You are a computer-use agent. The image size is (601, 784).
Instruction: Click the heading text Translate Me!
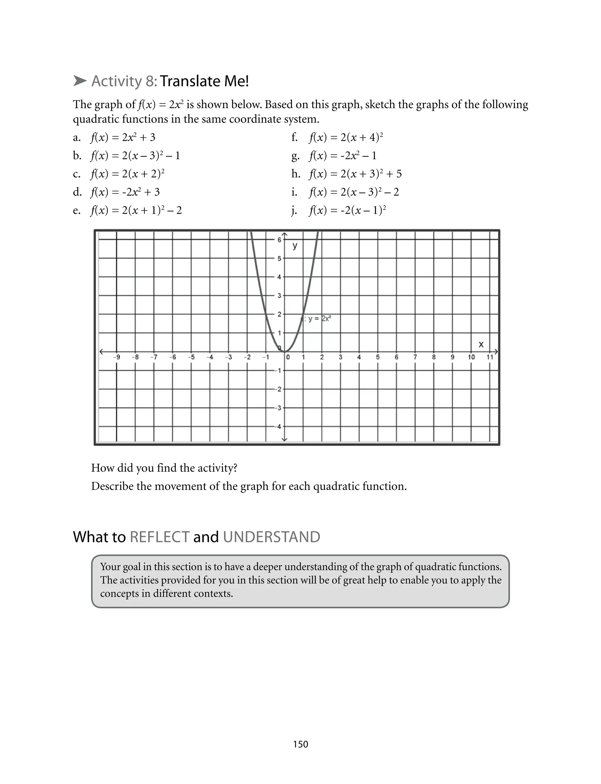click(204, 81)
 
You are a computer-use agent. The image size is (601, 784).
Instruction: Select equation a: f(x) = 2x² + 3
click(123, 137)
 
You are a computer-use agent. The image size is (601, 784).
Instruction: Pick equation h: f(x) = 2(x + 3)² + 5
click(355, 174)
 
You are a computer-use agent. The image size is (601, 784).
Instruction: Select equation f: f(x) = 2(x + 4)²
click(346, 137)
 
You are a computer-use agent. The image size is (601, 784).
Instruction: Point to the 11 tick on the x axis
click(490, 357)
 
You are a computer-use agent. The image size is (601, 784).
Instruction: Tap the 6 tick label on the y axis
click(279, 240)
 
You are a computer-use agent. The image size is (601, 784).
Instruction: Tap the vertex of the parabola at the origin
click(285, 352)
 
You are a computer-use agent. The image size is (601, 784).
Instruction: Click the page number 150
click(300, 744)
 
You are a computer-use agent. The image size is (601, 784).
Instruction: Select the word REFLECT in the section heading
click(160, 537)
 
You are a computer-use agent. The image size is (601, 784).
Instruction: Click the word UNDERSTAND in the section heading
click(271, 537)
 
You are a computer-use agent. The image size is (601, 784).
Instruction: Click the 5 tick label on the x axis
click(378, 357)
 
